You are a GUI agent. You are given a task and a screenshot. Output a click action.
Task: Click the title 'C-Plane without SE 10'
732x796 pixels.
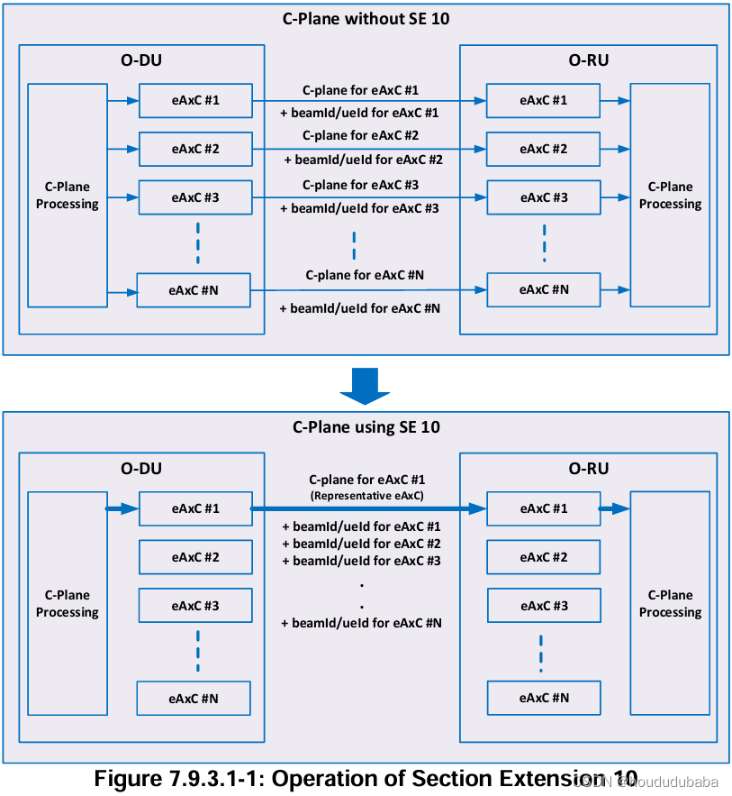point(366,19)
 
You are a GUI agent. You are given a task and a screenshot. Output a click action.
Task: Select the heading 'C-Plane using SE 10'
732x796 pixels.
point(366,427)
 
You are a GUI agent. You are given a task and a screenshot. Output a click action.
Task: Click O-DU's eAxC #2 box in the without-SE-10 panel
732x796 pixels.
point(194,149)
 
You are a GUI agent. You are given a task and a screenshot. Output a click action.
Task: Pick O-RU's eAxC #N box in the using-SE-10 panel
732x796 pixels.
point(543,698)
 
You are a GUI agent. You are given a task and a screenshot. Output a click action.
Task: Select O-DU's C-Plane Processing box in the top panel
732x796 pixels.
point(68,196)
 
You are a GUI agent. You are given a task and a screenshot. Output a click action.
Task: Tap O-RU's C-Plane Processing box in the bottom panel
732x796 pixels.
point(670,603)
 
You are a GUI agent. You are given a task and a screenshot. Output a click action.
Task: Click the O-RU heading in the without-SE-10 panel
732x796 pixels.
point(588,60)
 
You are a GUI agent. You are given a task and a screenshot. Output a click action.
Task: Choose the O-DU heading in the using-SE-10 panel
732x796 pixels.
point(141,469)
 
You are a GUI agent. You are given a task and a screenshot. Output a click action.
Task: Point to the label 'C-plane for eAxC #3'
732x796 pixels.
point(360,185)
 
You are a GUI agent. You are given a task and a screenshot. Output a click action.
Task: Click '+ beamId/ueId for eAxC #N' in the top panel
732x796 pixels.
point(360,308)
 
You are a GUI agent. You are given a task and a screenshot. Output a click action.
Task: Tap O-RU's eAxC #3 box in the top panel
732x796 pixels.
point(543,197)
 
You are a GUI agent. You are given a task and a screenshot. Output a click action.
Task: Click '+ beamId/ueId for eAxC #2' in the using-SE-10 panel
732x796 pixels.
point(360,544)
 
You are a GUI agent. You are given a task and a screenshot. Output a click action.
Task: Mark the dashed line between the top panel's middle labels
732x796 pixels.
point(354,244)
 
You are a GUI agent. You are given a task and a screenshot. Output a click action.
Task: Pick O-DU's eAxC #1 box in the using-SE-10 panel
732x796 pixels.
point(194,508)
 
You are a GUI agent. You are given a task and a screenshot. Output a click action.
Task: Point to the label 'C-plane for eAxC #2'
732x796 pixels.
point(360,135)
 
